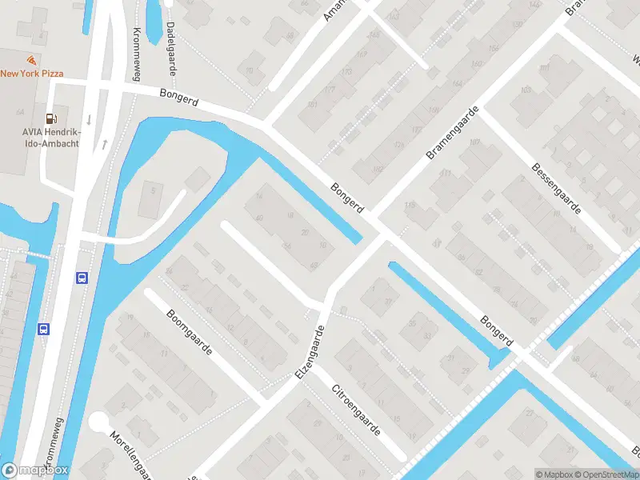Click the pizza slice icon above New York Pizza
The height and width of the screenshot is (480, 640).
point(30,61)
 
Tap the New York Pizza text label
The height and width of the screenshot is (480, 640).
point(31,74)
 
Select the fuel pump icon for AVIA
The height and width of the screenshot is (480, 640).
point(50,118)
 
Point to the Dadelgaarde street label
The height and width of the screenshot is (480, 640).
point(170,48)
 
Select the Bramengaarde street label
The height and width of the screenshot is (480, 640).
point(452,132)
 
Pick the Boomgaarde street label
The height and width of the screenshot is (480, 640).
point(189,334)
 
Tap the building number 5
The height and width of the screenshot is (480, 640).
point(154,190)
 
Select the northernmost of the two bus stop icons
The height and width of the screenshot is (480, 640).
point(81,278)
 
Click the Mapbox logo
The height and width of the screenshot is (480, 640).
point(35,470)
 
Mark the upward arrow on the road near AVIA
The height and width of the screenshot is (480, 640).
point(104,145)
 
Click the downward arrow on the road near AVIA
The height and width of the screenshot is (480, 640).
point(89,120)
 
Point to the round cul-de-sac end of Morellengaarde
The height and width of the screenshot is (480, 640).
point(99,422)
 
